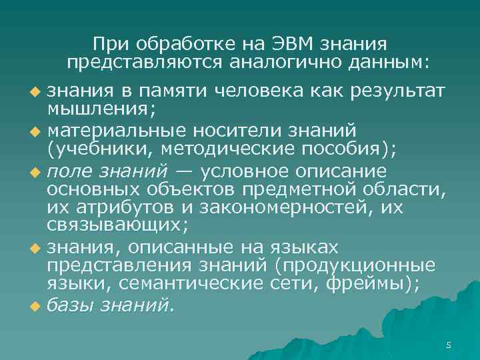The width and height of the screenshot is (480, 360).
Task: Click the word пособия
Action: point(351,147)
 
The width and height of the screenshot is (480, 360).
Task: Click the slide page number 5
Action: point(449,345)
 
